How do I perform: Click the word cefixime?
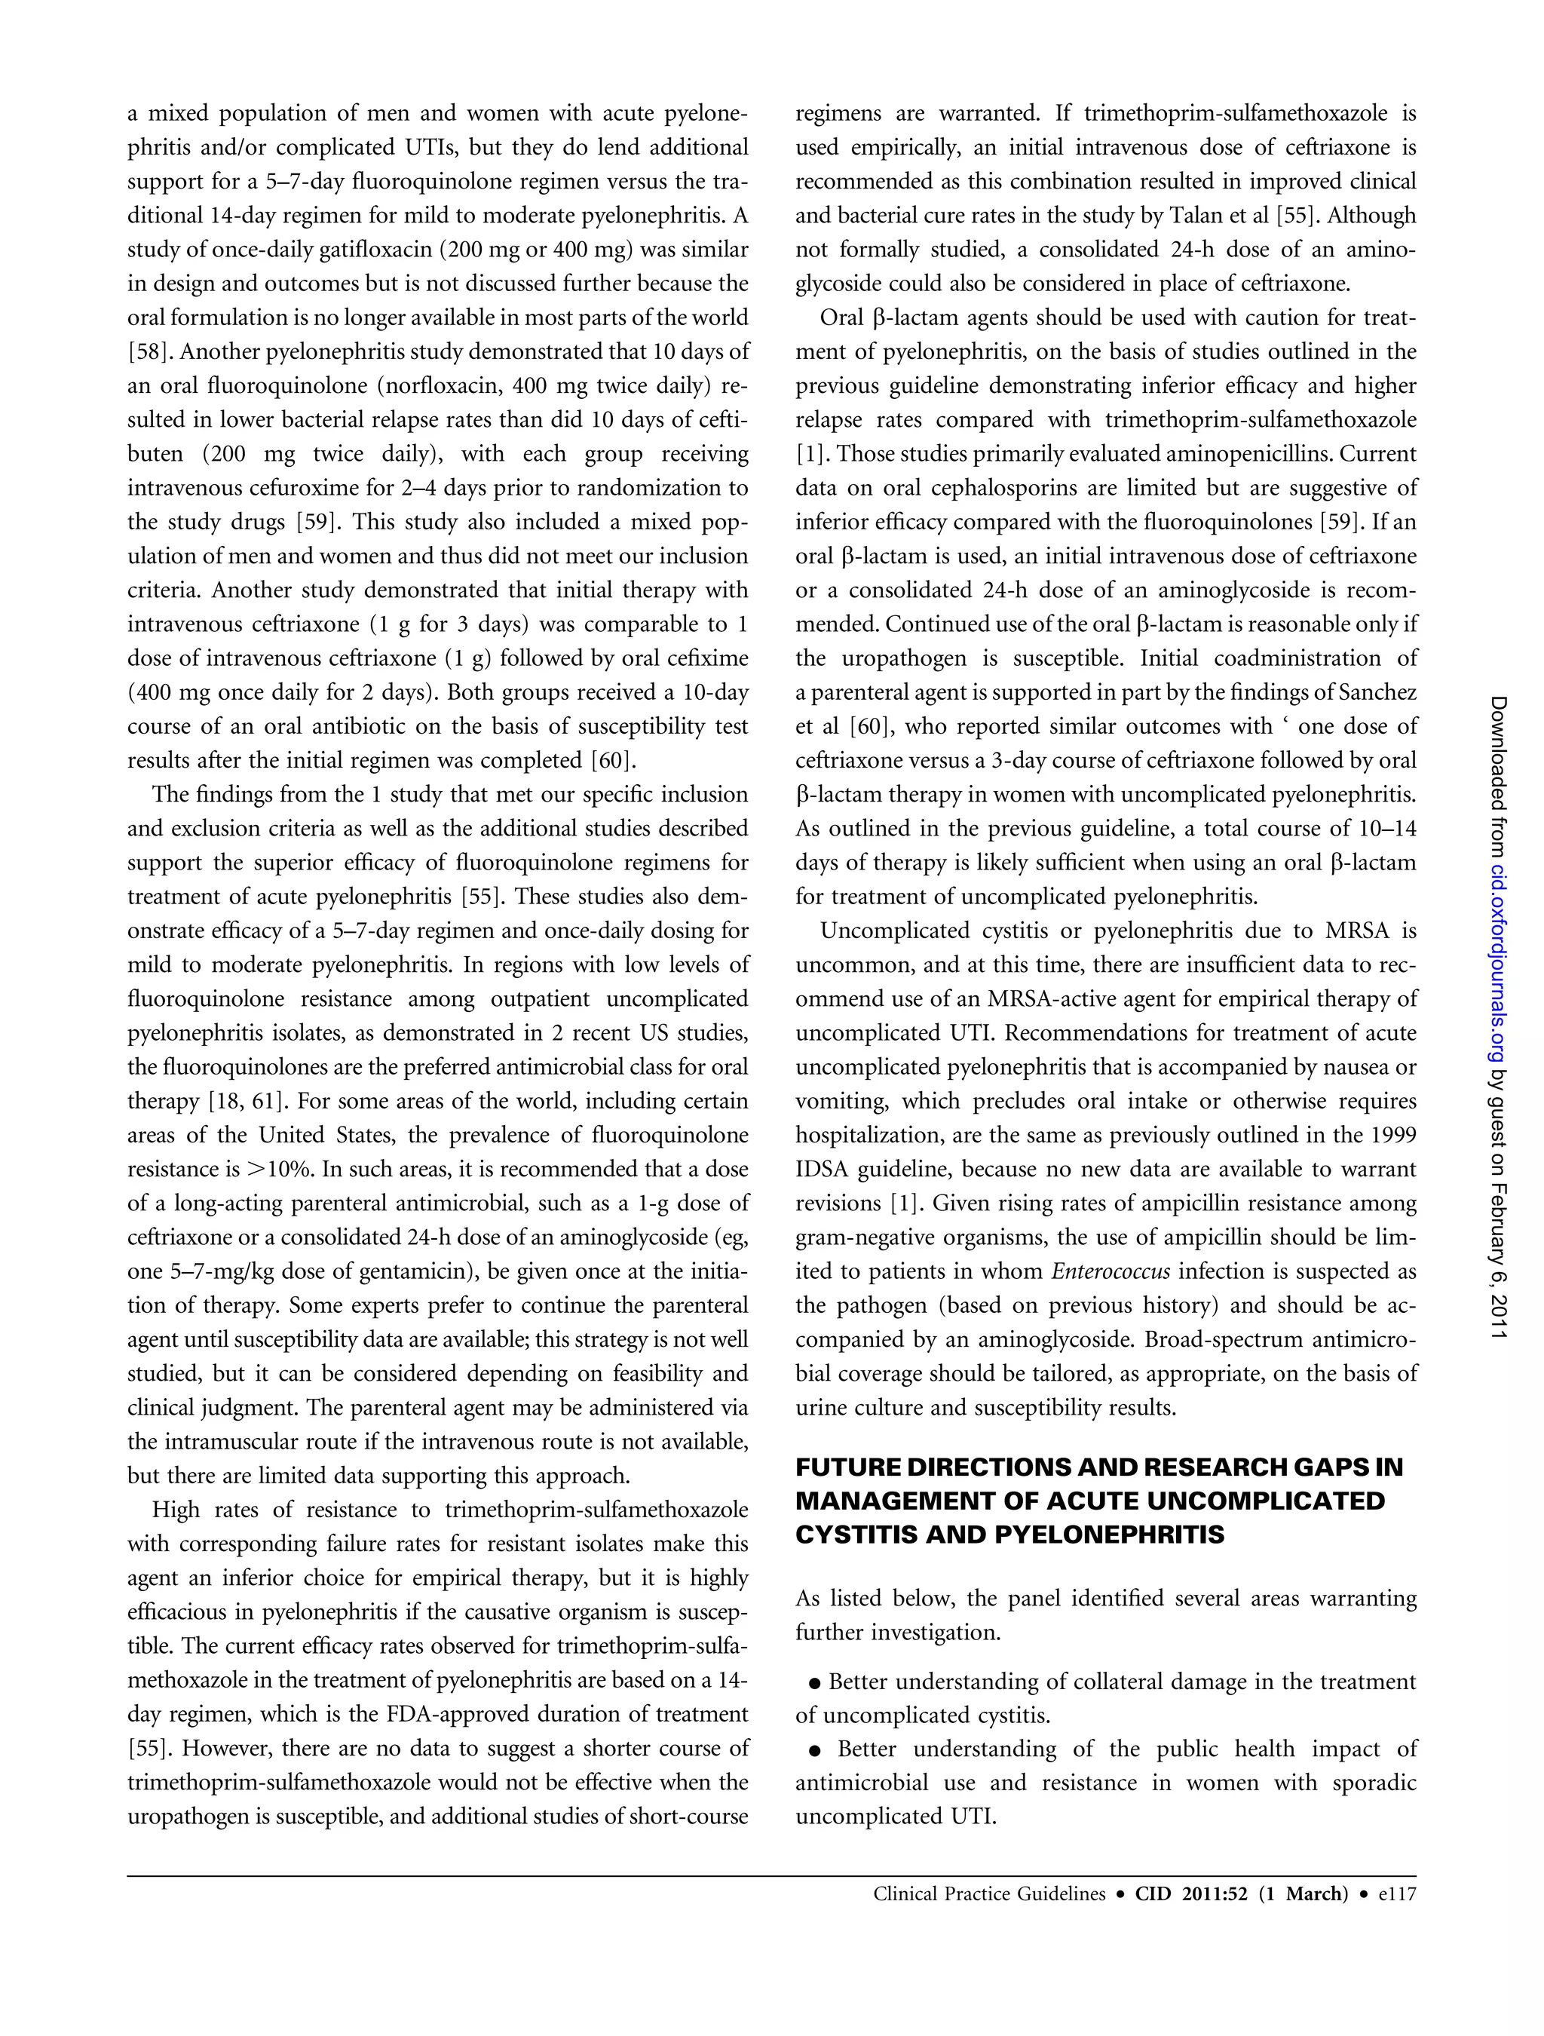[709, 658]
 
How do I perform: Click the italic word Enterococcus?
[1111, 1271]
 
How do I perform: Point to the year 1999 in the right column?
[1393, 1135]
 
